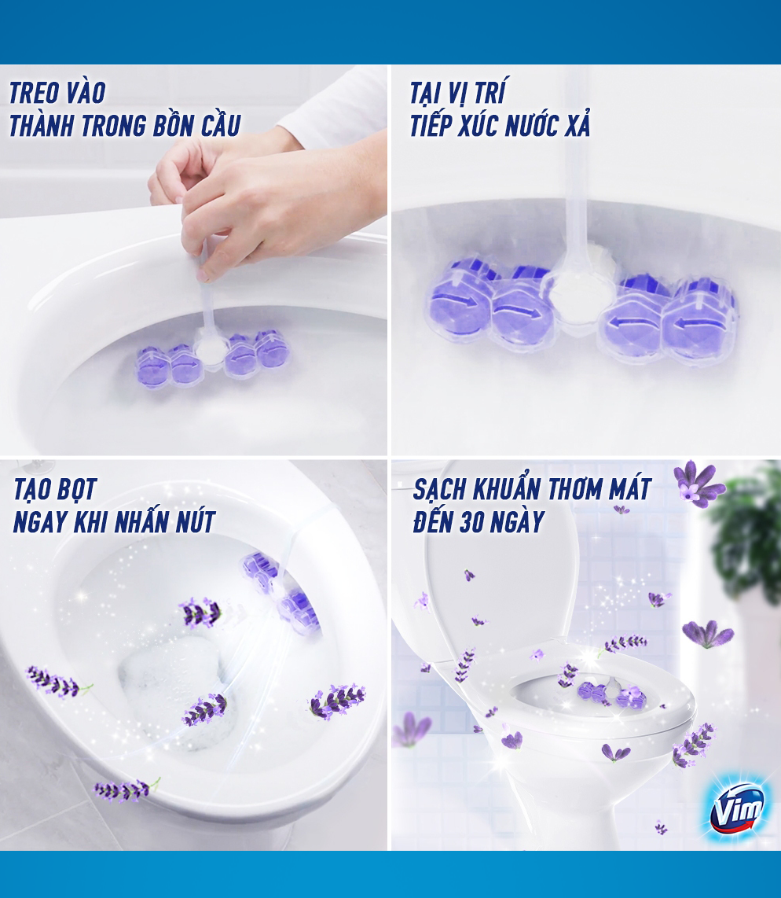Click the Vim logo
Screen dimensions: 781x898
click(x=736, y=808)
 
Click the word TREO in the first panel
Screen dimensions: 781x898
click(x=33, y=94)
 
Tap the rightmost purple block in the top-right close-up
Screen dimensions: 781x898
click(x=700, y=315)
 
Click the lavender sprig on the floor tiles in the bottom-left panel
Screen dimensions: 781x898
click(x=126, y=790)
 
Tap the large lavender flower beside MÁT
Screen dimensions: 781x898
click(x=698, y=484)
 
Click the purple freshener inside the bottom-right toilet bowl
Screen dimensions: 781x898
click(x=611, y=694)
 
